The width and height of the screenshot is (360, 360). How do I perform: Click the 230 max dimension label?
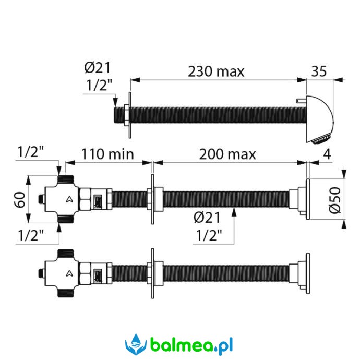point(216,71)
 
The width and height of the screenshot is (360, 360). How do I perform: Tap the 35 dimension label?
point(319,71)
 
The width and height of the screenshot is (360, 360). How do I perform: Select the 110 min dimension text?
point(107,154)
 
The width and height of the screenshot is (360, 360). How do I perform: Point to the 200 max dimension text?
point(227,154)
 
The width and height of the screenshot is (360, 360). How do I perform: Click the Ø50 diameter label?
point(335,200)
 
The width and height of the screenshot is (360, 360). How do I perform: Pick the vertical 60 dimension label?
point(20,200)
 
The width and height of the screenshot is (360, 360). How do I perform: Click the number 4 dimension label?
point(327,154)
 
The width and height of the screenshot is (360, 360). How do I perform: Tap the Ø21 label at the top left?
point(98,67)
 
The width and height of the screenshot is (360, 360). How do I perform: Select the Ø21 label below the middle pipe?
point(207,217)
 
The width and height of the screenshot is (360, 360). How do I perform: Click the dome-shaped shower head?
point(319,119)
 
